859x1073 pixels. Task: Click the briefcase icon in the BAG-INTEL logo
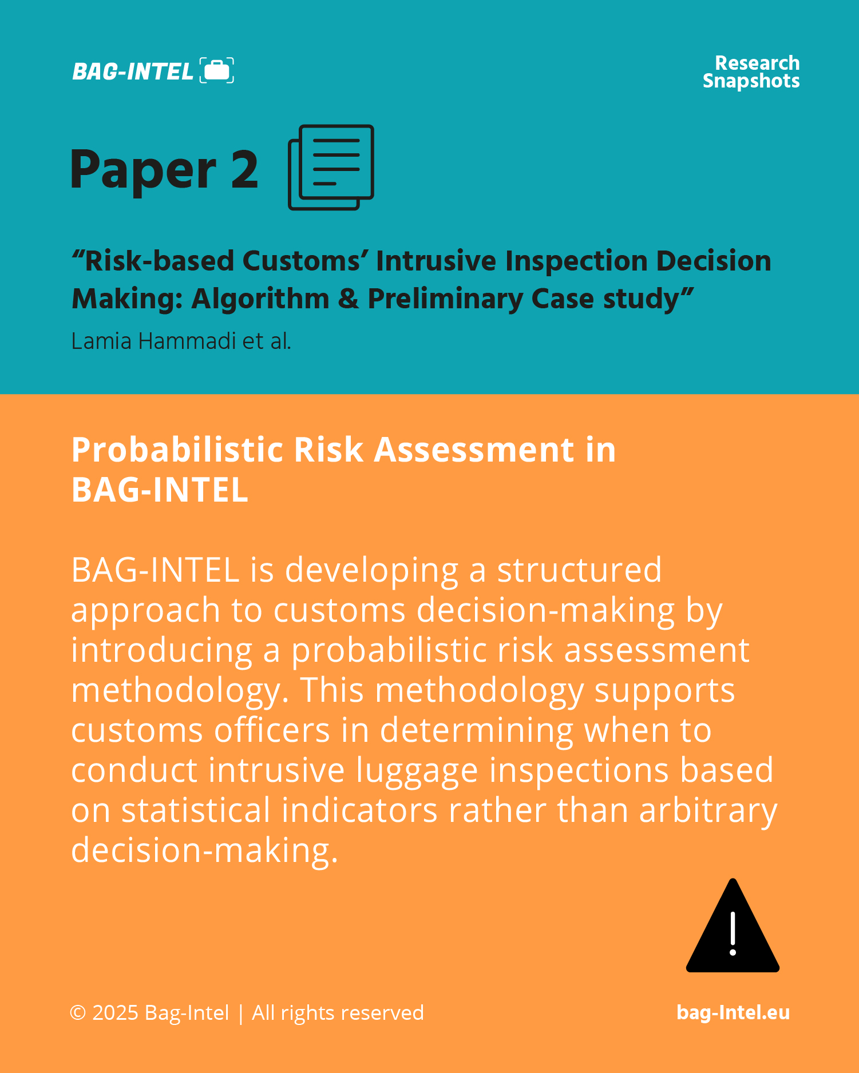(x=217, y=70)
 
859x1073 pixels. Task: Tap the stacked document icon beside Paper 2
(x=331, y=167)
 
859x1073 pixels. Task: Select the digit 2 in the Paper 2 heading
(x=245, y=169)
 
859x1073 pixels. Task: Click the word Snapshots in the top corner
(x=751, y=81)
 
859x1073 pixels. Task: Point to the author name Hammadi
(x=187, y=341)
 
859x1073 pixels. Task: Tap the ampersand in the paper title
(x=349, y=299)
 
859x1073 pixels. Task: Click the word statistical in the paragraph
(x=196, y=810)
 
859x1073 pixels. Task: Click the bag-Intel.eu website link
(x=733, y=1012)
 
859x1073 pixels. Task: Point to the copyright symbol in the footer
(x=78, y=1013)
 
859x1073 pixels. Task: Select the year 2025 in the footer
(x=115, y=1013)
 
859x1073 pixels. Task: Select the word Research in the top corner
(x=757, y=63)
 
